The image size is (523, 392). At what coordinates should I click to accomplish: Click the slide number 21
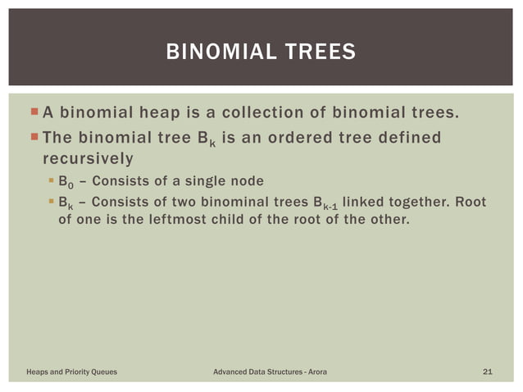click(487, 372)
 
